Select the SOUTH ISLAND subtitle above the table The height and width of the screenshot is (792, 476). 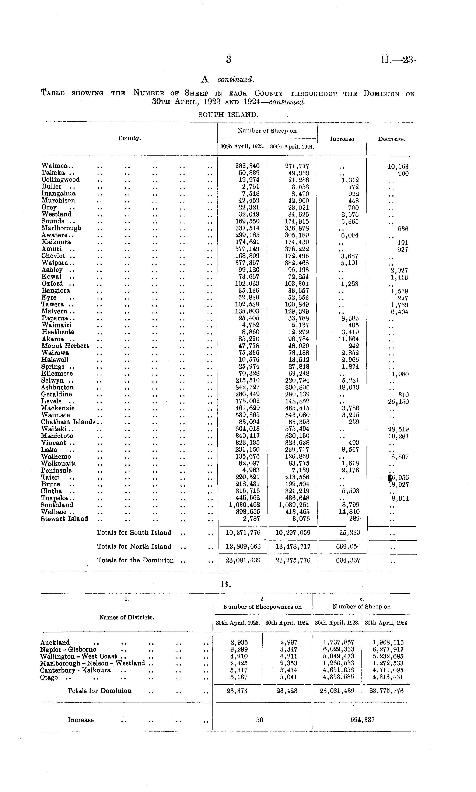pos(228,115)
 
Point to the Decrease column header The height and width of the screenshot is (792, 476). pos(391,139)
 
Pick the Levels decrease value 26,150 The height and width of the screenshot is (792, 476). pos(398,402)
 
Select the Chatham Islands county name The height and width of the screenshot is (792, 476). pos(68,422)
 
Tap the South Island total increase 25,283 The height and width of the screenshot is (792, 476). pos(349,532)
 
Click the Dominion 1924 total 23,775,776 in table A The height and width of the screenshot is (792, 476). pos(293,560)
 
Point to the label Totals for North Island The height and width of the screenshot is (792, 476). pos(134,546)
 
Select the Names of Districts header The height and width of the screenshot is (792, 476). pos(127,617)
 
